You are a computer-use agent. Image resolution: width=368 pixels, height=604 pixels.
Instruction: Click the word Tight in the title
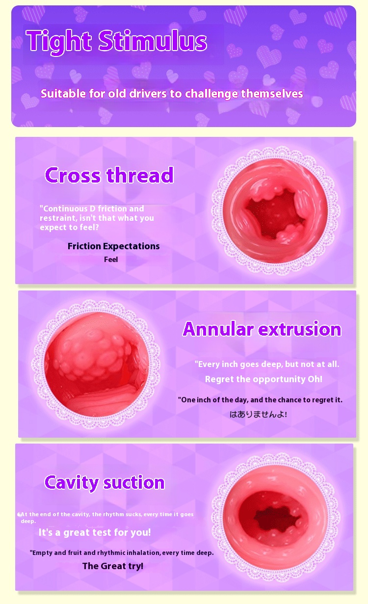click(x=59, y=42)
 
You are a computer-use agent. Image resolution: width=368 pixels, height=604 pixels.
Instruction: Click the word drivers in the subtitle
click(x=148, y=94)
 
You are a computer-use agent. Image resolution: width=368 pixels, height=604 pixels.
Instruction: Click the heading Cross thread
click(x=109, y=175)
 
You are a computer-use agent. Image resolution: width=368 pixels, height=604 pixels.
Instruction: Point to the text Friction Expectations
click(x=113, y=246)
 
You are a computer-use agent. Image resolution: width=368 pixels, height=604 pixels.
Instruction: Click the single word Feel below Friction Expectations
click(x=111, y=260)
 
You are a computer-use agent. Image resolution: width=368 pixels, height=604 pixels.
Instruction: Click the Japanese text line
click(x=258, y=414)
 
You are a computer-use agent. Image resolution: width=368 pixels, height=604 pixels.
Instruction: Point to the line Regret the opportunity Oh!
click(x=263, y=379)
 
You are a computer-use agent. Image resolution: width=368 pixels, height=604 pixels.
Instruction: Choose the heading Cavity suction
click(x=105, y=482)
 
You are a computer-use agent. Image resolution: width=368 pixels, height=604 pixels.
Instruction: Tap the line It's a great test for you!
click(x=95, y=532)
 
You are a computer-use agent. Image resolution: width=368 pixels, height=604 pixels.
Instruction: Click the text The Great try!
click(x=113, y=566)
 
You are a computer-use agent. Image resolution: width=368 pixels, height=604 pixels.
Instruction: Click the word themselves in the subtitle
click(x=272, y=94)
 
